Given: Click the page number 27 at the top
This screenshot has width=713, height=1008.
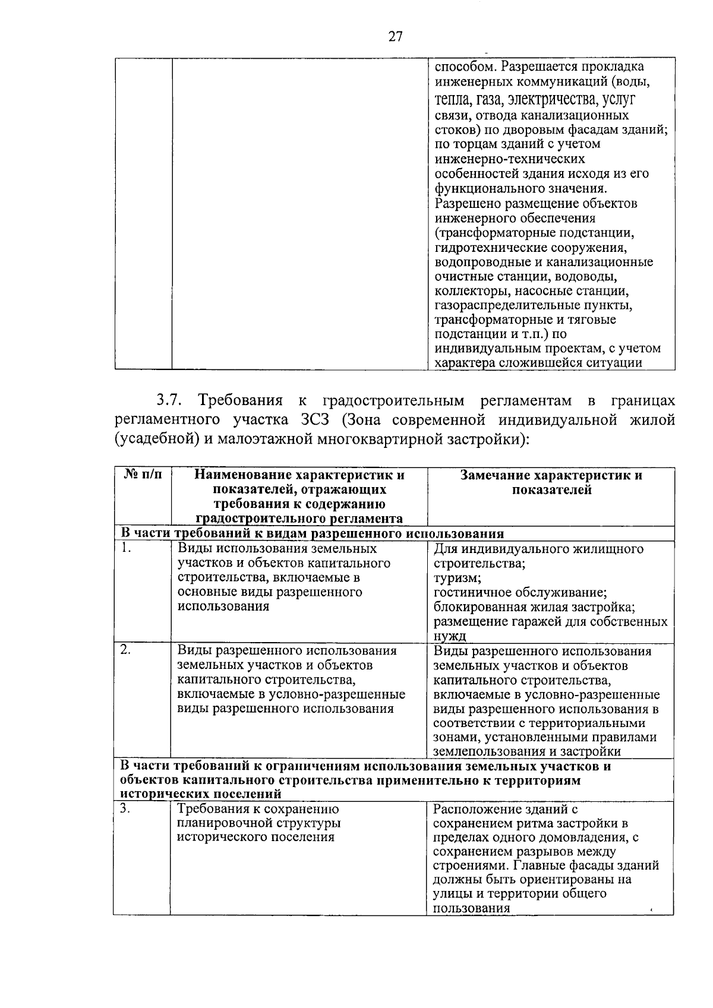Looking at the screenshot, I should click(395, 37).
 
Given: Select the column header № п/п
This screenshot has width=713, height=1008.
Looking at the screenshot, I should click(142, 475).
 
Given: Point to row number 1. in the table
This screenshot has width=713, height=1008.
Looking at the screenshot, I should click(125, 548).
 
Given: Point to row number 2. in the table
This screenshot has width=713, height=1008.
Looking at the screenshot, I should click(125, 650).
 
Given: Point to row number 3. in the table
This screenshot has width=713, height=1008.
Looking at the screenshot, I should click(125, 808).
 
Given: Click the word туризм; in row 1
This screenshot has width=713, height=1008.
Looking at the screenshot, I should click(457, 578).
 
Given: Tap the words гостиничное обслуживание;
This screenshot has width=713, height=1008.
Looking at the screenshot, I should click(520, 593).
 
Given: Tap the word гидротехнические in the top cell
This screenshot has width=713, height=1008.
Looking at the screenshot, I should click(482, 248).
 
